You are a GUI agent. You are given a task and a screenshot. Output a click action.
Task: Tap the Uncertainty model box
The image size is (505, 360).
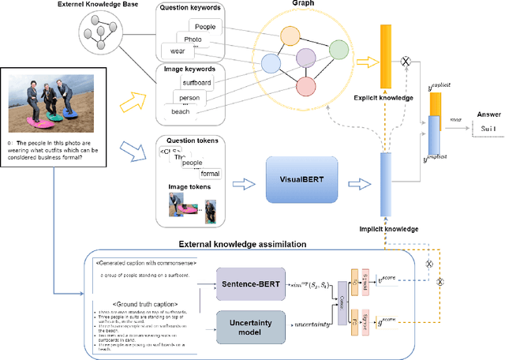coord(252,325)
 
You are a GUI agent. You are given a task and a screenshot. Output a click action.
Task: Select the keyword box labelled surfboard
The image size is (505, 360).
coord(200,81)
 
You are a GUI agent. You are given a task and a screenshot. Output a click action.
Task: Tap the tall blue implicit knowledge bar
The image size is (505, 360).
coord(385,184)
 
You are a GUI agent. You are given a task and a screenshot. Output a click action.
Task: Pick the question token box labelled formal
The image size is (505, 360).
coord(209,173)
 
